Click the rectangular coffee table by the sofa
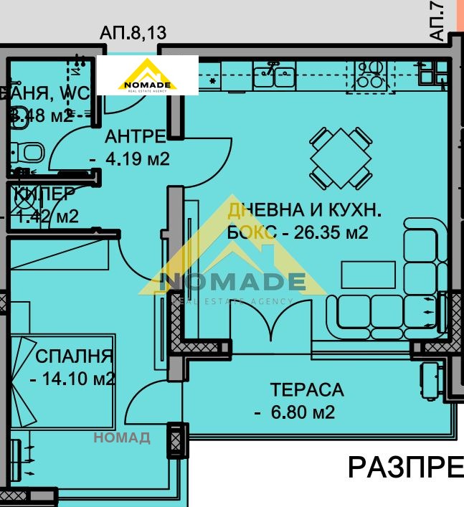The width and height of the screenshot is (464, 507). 368,275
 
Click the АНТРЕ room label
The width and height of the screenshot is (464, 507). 136,136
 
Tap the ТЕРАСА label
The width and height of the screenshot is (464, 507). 306,390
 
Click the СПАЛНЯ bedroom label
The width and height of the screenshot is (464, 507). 74,356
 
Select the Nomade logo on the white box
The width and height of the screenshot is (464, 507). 148,75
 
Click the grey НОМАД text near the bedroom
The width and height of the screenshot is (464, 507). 122,437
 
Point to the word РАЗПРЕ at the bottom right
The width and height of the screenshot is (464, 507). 405,467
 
